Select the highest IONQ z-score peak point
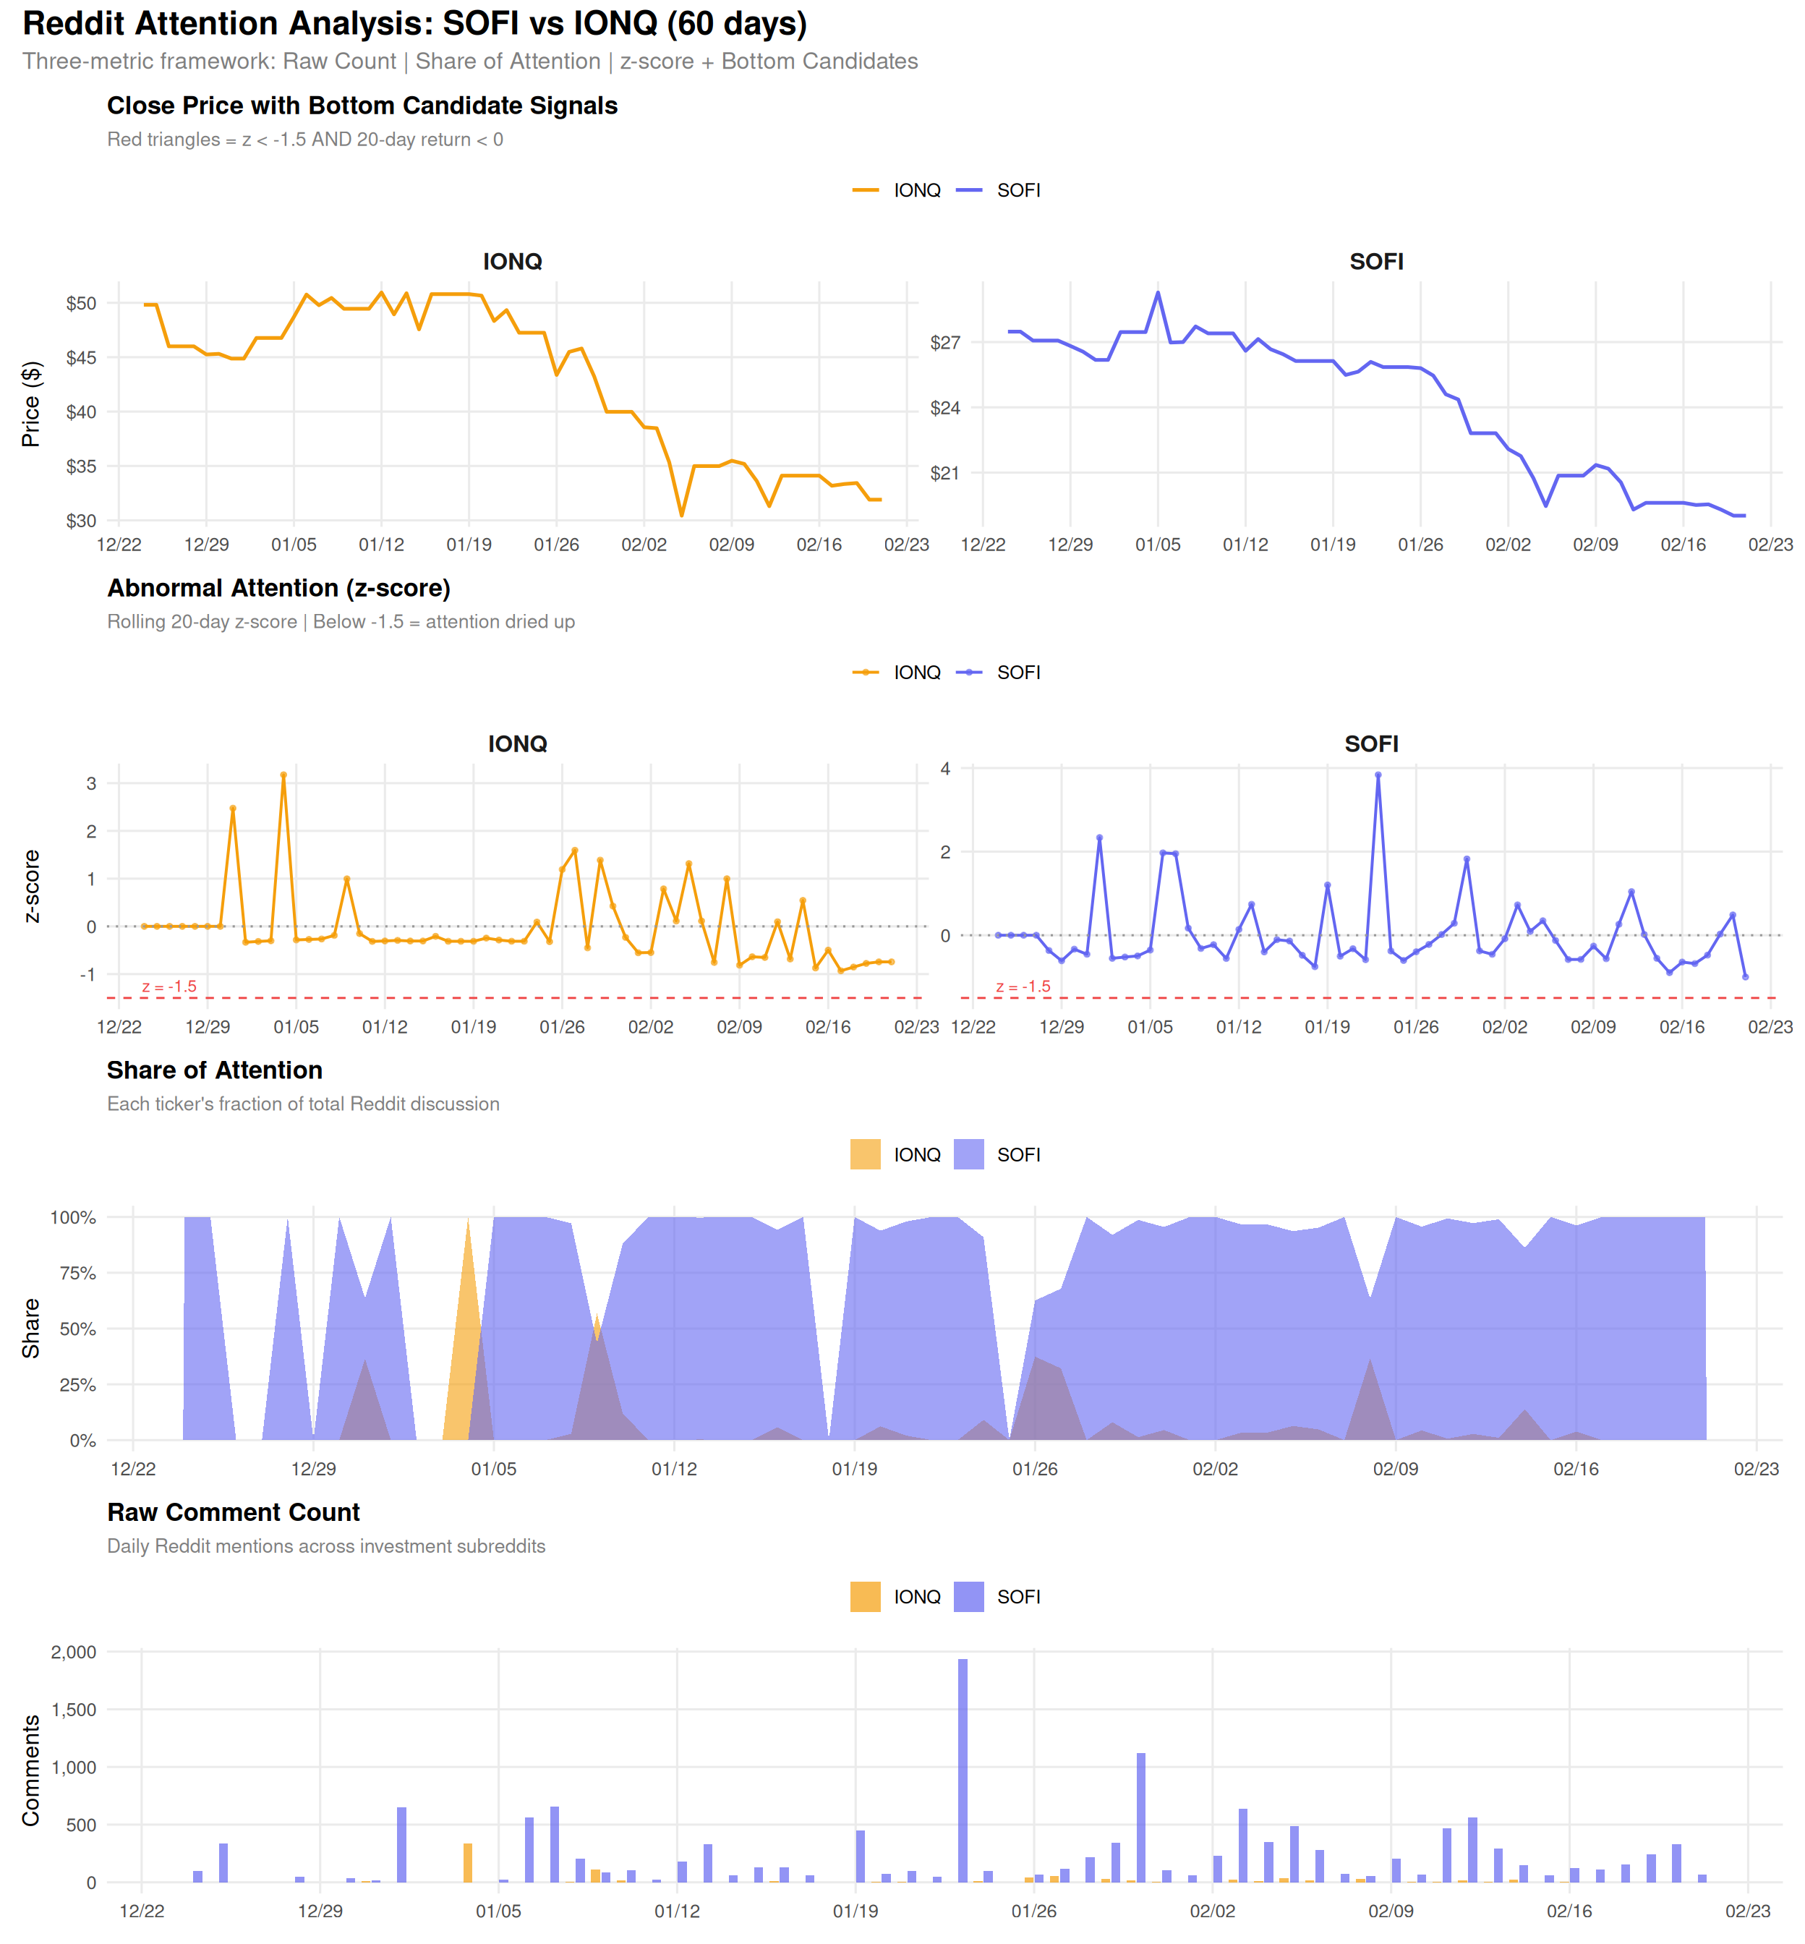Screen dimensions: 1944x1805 tap(283, 775)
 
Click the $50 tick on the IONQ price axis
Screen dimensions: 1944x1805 tap(81, 304)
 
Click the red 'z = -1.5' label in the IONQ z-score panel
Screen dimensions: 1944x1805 tap(169, 986)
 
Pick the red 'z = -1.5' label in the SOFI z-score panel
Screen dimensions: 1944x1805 tap(1023, 986)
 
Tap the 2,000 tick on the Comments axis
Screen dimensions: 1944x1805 tap(74, 1652)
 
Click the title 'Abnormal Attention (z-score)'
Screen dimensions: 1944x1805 tap(278, 588)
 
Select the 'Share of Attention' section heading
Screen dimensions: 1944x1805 tap(214, 1070)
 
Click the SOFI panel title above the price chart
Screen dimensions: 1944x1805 tap(1376, 262)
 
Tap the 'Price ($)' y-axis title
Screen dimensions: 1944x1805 tap(31, 404)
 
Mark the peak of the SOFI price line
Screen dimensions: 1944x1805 tap(1158, 292)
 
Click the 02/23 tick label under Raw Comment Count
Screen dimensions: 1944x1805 tap(1747, 1911)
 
